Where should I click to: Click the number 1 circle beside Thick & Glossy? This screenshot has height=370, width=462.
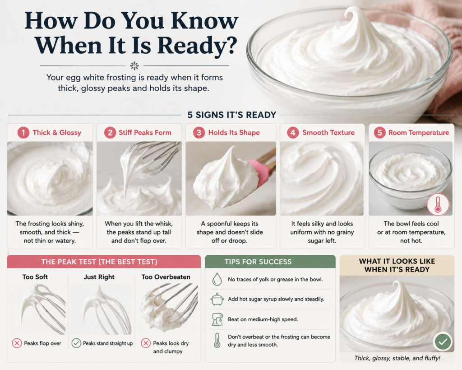click(23, 132)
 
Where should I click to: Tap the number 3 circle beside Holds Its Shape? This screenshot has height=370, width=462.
click(199, 132)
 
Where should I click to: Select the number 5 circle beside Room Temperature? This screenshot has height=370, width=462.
click(380, 132)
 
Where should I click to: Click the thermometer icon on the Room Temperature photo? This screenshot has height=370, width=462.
click(438, 205)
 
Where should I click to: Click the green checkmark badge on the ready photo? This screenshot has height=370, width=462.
click(443, 342)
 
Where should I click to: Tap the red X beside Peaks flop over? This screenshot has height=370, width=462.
click(17, 343)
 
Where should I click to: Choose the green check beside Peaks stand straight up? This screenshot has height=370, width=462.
click(76, 343)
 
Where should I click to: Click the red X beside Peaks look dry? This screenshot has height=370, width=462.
click(146, 343)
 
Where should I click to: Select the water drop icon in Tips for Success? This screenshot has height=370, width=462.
click(217, 279)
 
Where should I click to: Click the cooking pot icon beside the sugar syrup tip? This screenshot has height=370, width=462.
click(217, 299)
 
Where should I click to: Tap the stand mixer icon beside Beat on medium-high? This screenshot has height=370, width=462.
click(217, 319)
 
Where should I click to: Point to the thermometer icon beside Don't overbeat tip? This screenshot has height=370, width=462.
click(217, 341)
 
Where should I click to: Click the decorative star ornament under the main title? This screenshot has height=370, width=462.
click(134, 66)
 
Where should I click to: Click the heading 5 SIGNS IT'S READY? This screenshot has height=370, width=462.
click(232, 115)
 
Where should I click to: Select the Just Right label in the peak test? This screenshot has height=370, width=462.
click(99, 277)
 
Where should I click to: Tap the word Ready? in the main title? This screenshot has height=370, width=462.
click(197, 46)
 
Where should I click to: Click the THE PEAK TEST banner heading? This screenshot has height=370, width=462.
click(99, 262)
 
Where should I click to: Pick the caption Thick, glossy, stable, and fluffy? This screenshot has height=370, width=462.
click(397, 358)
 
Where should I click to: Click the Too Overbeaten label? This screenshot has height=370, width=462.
click(166, 277)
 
